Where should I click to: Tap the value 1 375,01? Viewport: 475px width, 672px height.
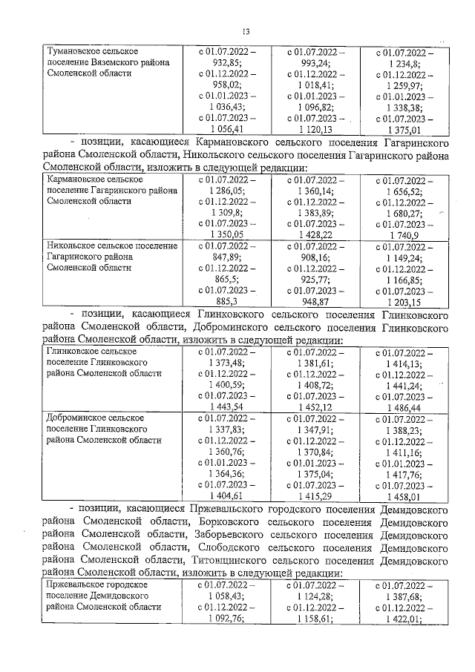tap(404, 129)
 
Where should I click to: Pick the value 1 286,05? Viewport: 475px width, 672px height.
tap(225, 191)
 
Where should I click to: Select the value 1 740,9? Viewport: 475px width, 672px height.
tap(404, 235)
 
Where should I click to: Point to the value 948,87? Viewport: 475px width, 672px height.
tap(315, 301)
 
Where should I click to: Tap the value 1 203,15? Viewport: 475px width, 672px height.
tap(404, 301)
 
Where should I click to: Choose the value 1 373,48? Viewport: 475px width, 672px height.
tap(225, 362)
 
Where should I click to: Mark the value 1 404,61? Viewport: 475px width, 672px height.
tap(225, 495)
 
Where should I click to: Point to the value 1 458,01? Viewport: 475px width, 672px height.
tap(404, 495)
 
